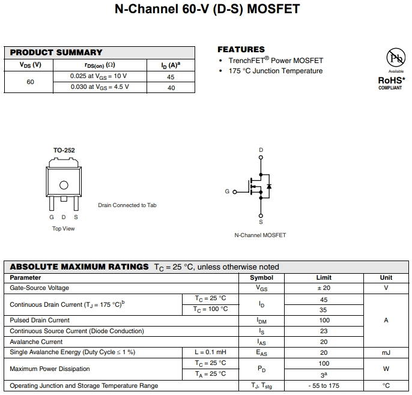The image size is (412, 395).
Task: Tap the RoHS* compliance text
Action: click(x=391, y=80)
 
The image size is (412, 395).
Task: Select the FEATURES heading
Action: click(x=241, y=49)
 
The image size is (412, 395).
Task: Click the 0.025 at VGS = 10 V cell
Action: click(x=98, y=76)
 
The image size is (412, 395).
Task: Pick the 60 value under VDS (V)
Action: click(x=30, y=82)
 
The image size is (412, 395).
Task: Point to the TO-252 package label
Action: click(x=64, y=150)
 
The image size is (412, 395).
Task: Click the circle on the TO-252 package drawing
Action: click(x=64, y=185)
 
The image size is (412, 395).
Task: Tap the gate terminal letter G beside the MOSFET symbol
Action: click(x=227, y=191)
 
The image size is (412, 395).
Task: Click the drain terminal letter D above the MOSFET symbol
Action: click(x=261, y=149)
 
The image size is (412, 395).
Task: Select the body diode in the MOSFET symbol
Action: click(x=269, y=187)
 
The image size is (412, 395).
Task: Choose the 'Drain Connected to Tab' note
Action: click(x=127, y=205)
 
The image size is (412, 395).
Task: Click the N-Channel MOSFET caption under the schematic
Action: click(x=260, y=235)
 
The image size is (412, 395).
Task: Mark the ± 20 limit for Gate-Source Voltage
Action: click(x=323, y=288)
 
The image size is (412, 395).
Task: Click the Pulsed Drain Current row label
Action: click(x=40, y=321)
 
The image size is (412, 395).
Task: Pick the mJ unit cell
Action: click(x=386, y=352)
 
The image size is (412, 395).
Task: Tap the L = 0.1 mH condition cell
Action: click(x=210, y=352)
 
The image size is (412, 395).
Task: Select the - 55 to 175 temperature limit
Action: click(x=323, y=385)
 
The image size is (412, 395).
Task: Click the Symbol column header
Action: click(x=261, y=278)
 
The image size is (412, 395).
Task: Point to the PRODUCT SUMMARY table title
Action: click(x=56, y=52)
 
